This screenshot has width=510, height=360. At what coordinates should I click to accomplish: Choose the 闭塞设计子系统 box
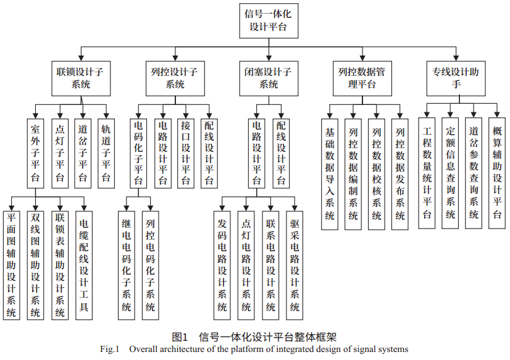point(267,78)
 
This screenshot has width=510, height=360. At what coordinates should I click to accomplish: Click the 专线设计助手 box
point(456,78)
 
